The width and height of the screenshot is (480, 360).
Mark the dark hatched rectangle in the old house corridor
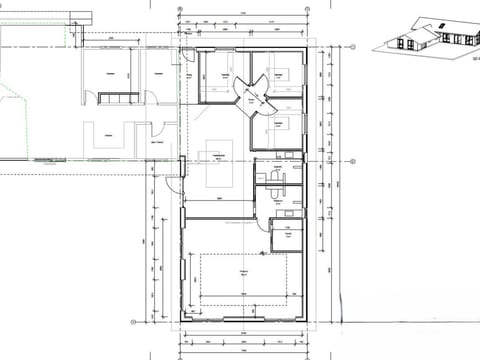click(x=117, y=96)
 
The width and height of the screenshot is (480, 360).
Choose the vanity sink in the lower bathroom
click(x=290, y=210)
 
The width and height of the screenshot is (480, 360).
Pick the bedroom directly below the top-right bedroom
click(x=282, y=128)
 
